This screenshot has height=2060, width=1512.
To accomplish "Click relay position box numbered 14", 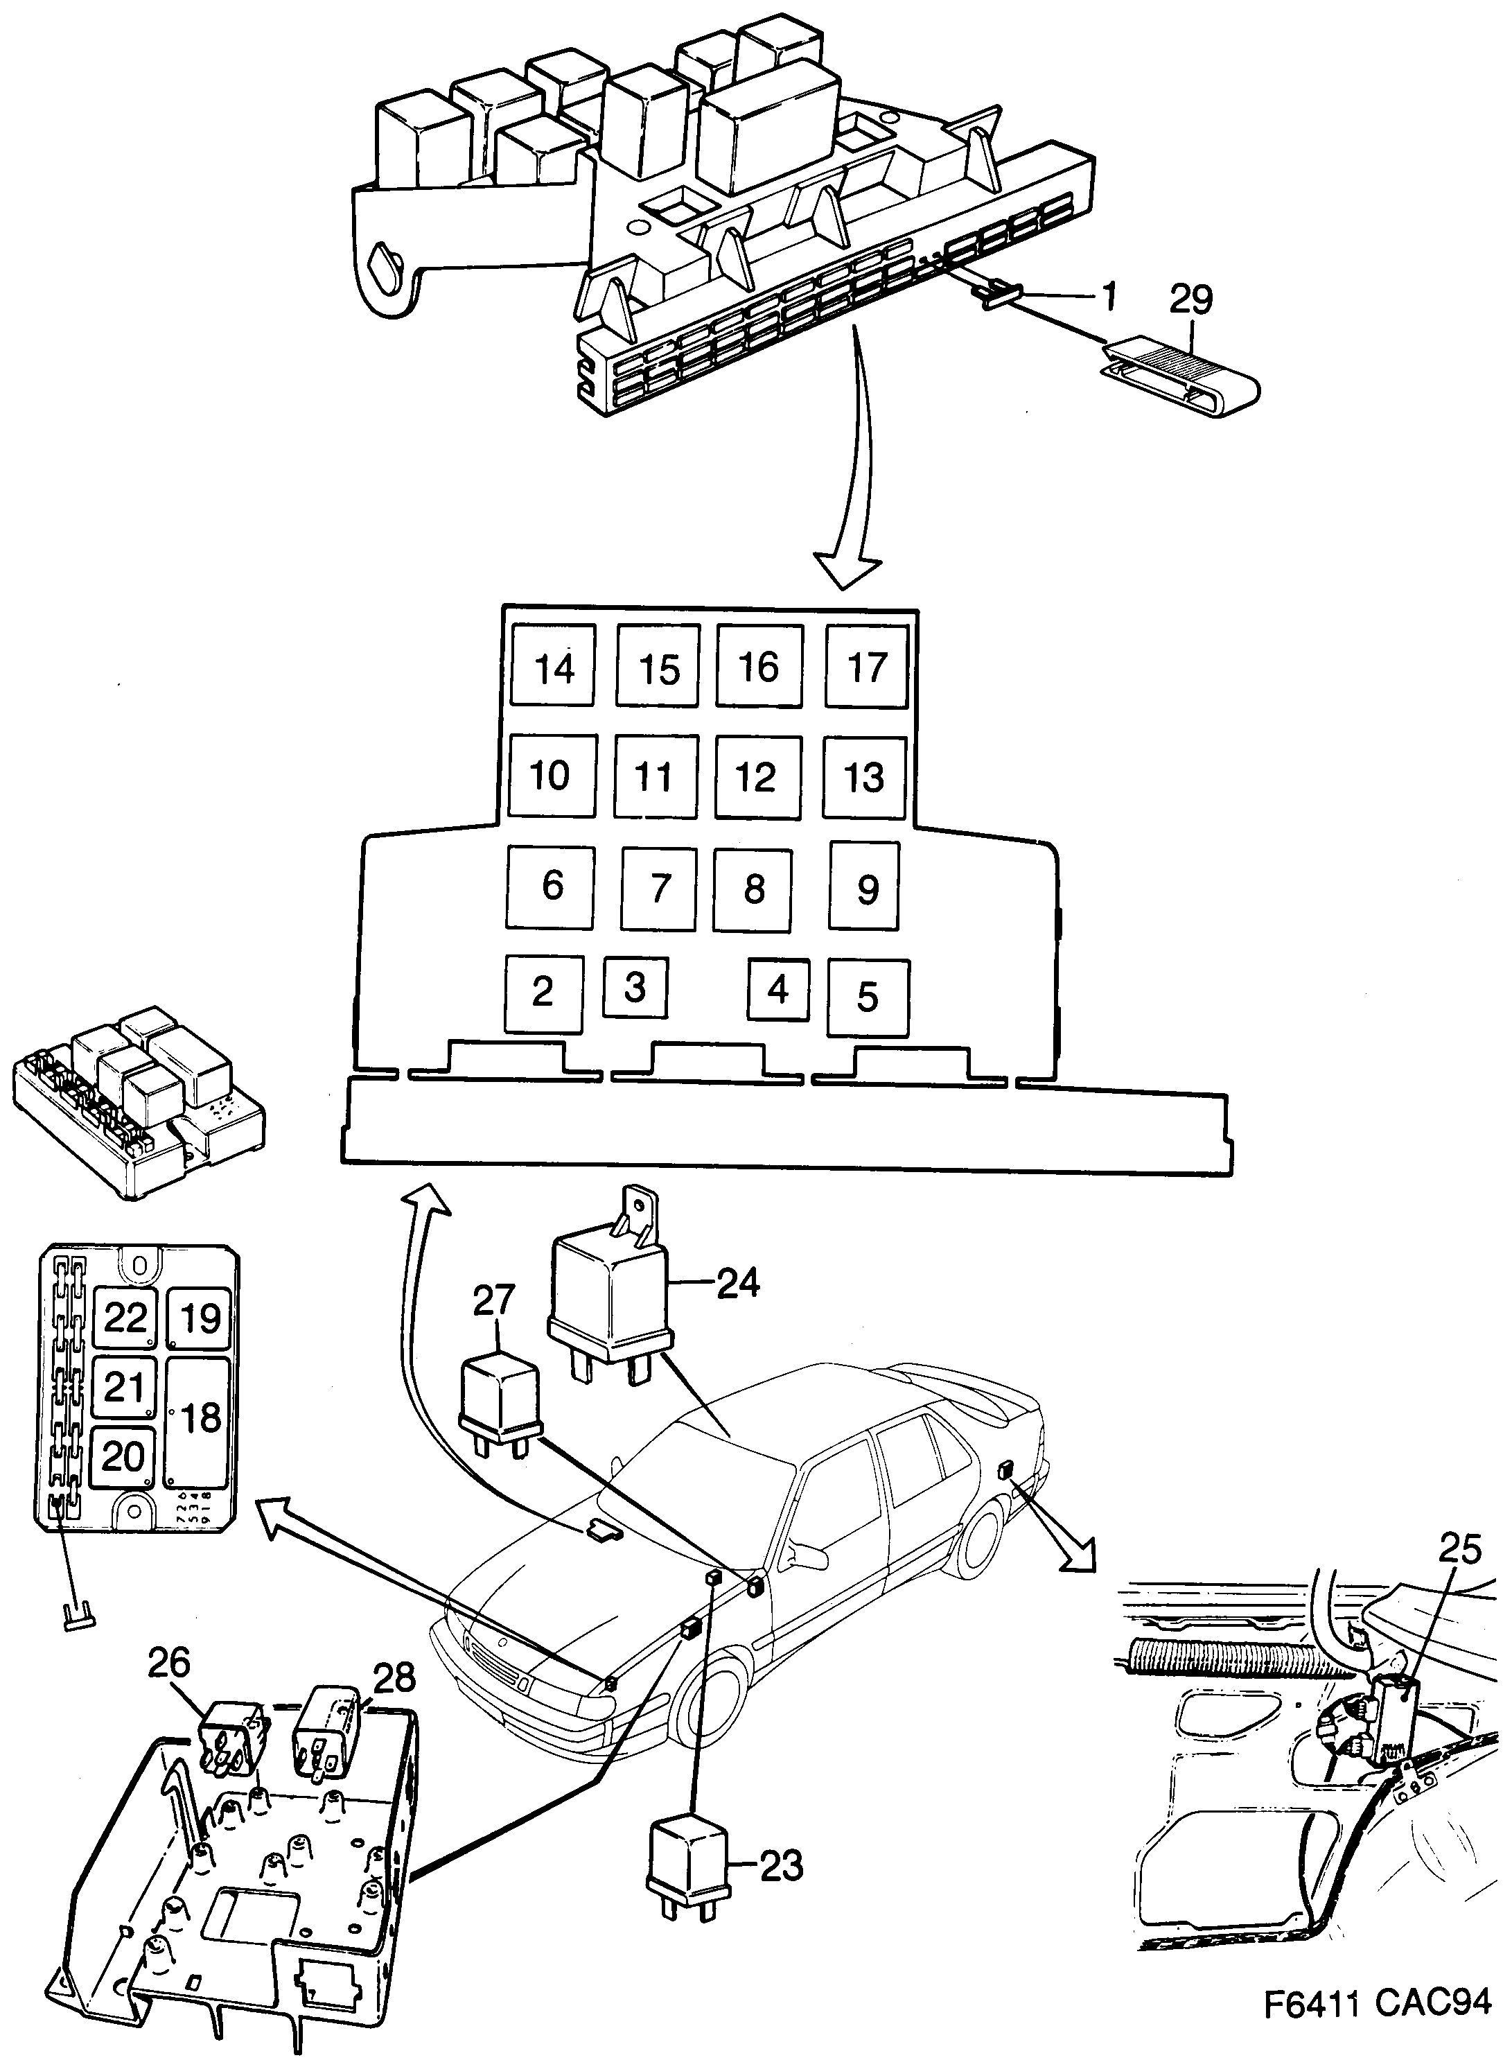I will click(554, 665).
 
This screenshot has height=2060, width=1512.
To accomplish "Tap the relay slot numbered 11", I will click(654, 776).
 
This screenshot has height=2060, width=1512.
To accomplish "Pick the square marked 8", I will click(753, 888).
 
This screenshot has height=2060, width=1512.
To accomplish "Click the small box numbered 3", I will click(635, 987).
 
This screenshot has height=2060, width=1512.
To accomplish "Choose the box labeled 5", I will click(868, 997).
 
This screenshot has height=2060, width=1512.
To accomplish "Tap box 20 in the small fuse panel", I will click(123, 1456).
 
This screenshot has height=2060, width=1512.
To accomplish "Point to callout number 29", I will click(1190, 299).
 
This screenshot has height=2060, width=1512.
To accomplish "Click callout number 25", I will click(1459, 1549).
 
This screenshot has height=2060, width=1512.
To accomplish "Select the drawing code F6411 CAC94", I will click(1378, 2023).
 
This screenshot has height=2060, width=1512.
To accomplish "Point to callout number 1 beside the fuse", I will click(1109, 296).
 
